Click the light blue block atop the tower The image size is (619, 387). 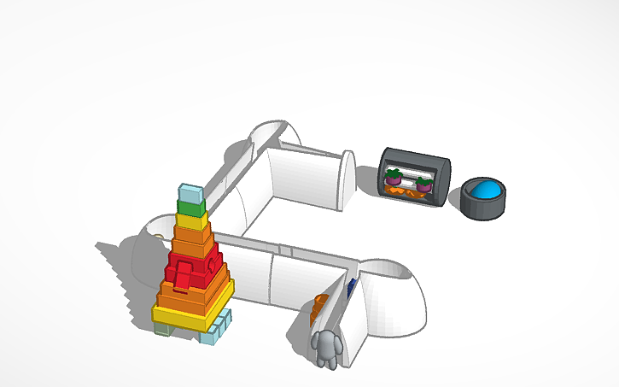[x=190, y=192]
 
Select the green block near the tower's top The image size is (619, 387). [x=190, y=207]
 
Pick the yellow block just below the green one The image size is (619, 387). [x=191, y=220]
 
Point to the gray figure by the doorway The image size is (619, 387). [x=326, y=349]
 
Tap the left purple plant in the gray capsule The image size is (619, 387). [x=394, y=178]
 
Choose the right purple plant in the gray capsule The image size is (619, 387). [x=423, y=182]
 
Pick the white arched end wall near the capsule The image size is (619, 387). [x=347, y=179]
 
